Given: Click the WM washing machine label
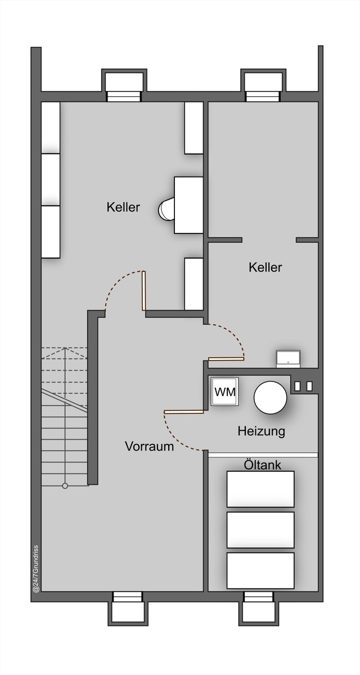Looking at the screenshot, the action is tap(225, 392).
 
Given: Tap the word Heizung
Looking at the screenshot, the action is tap(262, 431).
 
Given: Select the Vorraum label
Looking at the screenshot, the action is tap(150, 446).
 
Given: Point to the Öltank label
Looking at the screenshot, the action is tap(262, 465).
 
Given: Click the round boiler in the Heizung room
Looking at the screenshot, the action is tap(270, 398).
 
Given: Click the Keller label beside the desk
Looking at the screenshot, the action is tap(123, 208).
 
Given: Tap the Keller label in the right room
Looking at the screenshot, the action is tap(265, 267).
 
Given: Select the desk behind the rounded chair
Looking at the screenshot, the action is tap(188, 205).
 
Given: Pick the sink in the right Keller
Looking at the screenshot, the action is tap(289, 359).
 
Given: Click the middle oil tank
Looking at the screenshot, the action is tap(260, 530).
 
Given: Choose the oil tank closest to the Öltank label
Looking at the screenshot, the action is tap(260, 489).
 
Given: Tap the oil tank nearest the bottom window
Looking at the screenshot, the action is tap(260, 570).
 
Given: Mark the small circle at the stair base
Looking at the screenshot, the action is tap(65, 486).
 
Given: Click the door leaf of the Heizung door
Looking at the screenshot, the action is tap(184, 411).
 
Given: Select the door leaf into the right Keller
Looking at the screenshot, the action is tap(226, 359).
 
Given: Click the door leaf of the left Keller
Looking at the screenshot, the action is tap(143, 291).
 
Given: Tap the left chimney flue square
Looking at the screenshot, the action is tap(298, 386).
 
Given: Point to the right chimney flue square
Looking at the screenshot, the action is tap(309, 386).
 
